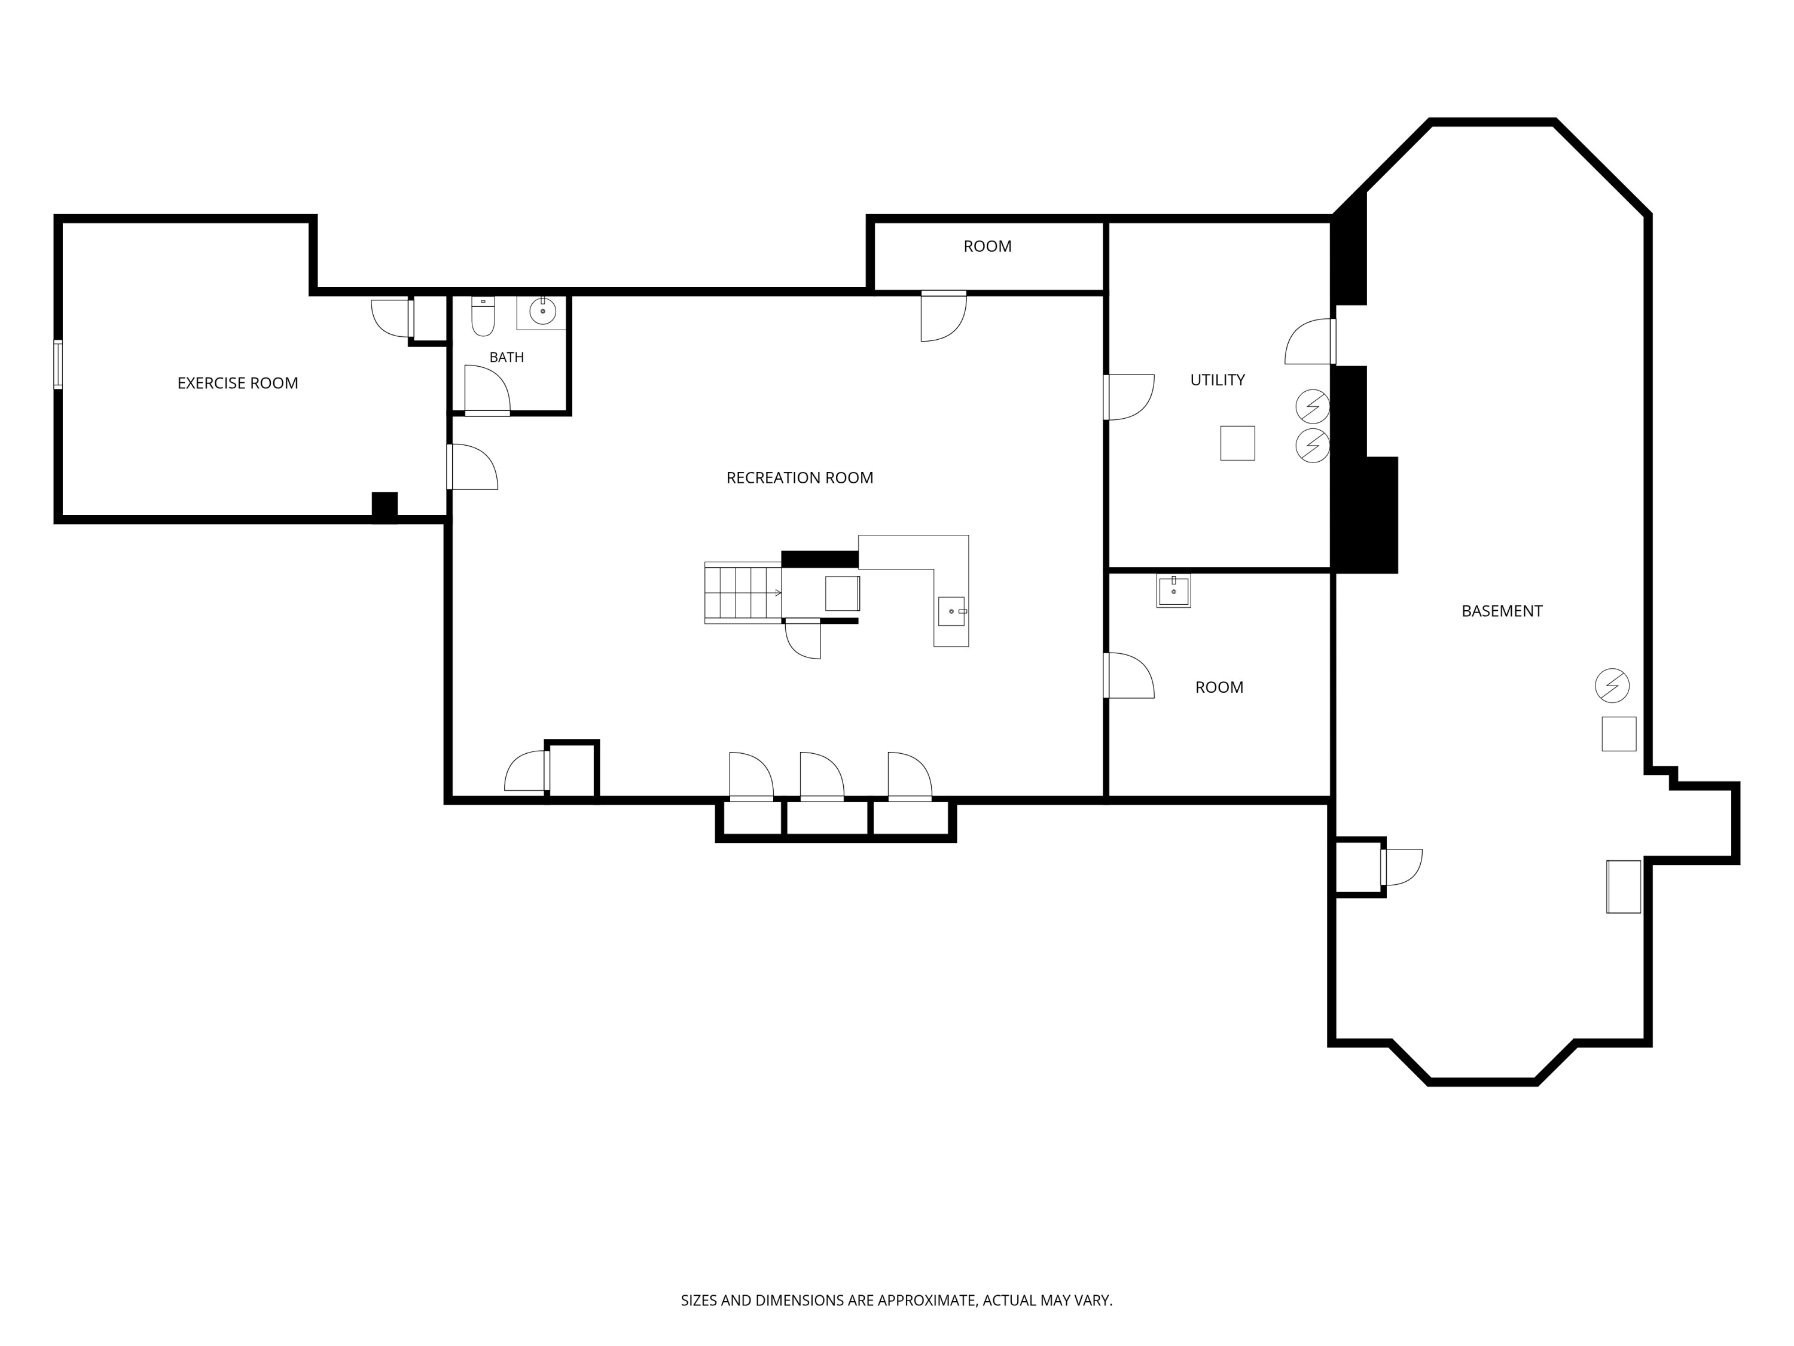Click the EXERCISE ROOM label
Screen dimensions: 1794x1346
tap(237, 383)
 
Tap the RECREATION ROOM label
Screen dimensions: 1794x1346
tap(800, 478)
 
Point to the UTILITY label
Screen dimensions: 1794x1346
tap(1218, 380)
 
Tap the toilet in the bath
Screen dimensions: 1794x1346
tap(483, 316)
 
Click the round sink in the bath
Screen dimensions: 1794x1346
tap(542, 310)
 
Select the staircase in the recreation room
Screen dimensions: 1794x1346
tap(743, 593)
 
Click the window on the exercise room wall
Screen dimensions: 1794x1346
tap(57, 364)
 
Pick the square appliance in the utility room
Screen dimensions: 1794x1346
tap(1238, 443)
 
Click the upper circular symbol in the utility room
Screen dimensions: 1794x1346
tap(1312, 406)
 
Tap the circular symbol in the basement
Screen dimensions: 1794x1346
tap(1612, 686)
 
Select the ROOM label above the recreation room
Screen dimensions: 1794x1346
tap(987, 246)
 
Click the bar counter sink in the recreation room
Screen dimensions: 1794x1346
tap(952, 611)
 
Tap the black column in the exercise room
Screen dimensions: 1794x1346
tap(385, 507)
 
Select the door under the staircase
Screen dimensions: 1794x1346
tap(803, 638)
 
